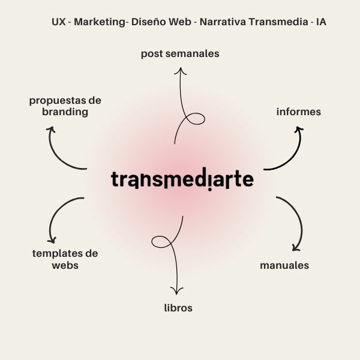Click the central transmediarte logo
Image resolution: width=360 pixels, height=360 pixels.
pyautogui.click(x=182, y=179)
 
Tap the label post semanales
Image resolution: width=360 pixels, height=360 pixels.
pyautogui.click(x=180, y=54)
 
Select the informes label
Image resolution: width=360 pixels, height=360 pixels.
pyautogui.click(x=298, y=112)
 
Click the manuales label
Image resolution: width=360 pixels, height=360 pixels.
pyautogui.click(x=284, y=265)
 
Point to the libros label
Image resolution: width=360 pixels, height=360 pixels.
pyautogui.click(x=178, y=308)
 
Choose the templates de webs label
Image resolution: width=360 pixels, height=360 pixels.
pyautogui.click(x=65, y=259)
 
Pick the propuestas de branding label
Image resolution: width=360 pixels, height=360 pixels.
pyautogui.click(x=65, y=106)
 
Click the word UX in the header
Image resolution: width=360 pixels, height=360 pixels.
pyautogui.click(x=59, y=22)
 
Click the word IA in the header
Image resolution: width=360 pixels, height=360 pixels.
pyautogui.click(x=322, y=22)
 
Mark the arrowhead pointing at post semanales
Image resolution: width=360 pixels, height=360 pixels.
pyautogui.click(x=179, y=71)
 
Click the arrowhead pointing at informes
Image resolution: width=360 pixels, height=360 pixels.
pyautogui.click(x=298, y=128)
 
